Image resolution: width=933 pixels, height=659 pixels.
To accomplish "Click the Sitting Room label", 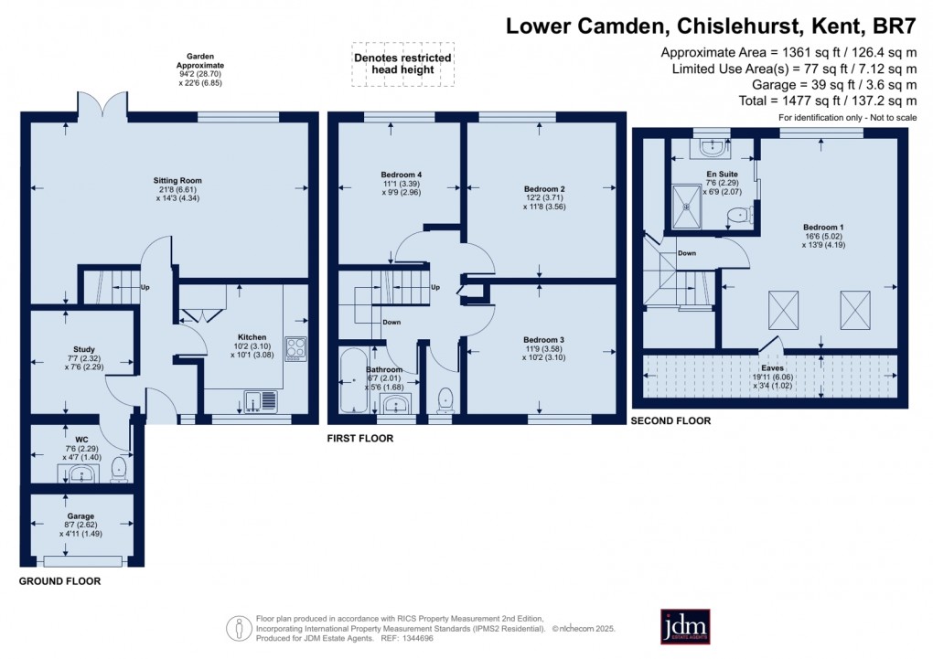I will click(177, 180).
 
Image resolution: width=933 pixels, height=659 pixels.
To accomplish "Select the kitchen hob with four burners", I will click(297, 346).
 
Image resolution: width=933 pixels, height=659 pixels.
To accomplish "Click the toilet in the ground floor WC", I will click(118, 470).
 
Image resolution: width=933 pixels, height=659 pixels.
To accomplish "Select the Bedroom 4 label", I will click(401, 174).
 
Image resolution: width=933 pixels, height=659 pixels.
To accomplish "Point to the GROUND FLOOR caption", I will click(60, 580).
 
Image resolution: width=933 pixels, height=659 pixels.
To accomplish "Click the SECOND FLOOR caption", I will click(670, 421).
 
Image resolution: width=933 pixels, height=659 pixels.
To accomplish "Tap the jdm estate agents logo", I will click(691, 627).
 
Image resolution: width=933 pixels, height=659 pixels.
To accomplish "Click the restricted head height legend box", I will click(402, 65).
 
